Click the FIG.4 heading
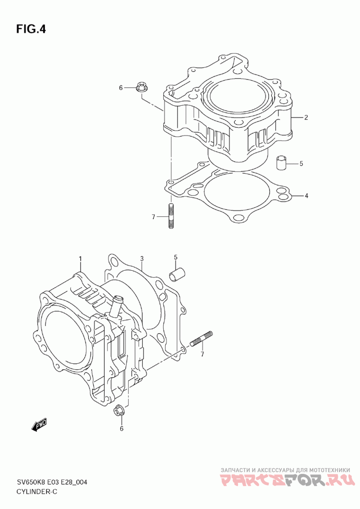tap(31, 29)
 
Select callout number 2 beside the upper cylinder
tap(306, 117)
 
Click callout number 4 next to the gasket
tap(306, 196)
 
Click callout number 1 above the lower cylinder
tap(80, 259)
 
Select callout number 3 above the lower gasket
tap(142, 259)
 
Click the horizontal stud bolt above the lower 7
tap(202, 339)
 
